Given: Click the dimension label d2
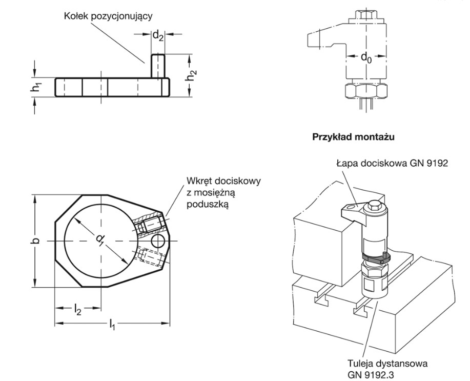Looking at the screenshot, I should [x=158, y=35].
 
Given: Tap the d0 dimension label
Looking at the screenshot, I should [x=366, y=57].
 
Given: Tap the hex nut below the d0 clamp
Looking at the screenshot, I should [x=365, y=91].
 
